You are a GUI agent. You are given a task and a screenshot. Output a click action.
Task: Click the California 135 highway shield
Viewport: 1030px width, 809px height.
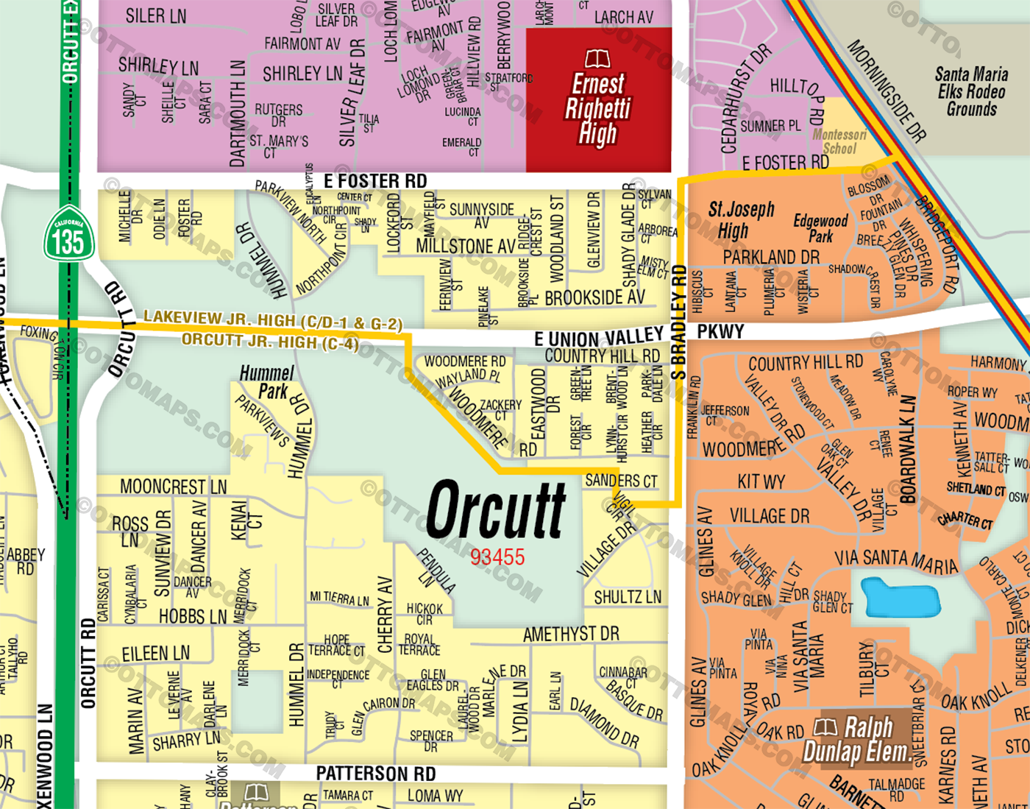click(x=68, y=233)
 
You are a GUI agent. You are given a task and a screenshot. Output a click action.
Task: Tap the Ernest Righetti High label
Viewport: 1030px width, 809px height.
click(x=597, y=109)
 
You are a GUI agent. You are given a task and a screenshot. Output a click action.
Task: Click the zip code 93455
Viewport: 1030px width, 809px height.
click(x=497, y=557)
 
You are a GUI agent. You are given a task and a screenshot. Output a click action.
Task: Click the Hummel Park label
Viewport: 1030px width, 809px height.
click(x=266, y=382)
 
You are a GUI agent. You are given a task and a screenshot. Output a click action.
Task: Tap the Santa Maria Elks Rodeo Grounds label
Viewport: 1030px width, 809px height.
click(x=971, y=91)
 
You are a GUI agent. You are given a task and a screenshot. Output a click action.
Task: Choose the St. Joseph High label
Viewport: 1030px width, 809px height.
click(x=741, y=219)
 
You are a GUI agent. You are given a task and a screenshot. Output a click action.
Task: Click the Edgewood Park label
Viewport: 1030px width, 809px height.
click(x=820, y=228)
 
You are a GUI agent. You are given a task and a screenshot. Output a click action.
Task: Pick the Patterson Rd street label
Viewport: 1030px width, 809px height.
click(x=375, y=774)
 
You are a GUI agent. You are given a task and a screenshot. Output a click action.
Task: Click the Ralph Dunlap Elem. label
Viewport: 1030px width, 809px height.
click(x=857, y=741)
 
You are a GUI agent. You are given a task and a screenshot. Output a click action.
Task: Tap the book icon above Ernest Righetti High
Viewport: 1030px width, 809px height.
click(x=597, y=58)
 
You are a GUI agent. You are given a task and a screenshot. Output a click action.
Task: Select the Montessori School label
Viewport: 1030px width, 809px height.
click(x=839, y=141)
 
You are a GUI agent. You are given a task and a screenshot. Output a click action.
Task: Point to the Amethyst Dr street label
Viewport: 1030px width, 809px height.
click(x=571, y=634)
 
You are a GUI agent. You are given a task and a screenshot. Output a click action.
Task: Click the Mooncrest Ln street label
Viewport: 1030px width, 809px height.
click(x=174, y=487)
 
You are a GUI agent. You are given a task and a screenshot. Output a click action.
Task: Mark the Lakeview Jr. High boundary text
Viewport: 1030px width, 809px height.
click(x=273, y=320)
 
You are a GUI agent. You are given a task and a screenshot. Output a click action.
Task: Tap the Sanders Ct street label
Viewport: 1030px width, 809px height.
click(x=621, y=481)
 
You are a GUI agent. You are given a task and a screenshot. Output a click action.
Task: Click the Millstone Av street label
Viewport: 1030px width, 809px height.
click(x=466, y=246)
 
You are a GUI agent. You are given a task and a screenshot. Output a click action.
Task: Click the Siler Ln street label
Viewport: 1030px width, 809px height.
click(x=156, y=15)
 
